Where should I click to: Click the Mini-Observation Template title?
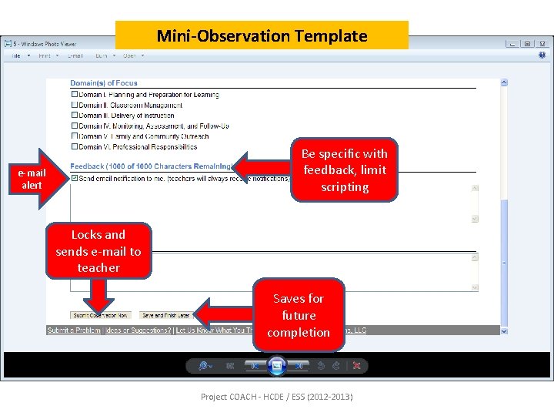pos(262,35)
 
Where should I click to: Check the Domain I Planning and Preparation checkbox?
pos(75,95)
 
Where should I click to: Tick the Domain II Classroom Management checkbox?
pos(75,106)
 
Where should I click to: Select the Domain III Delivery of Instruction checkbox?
pos(75,116)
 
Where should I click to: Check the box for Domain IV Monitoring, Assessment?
pos(75,126)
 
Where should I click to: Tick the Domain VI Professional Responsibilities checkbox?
pos(75,146)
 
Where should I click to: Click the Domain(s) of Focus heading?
pos(104,83)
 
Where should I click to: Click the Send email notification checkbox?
pos(75,178)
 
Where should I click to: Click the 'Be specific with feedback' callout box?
pos(344,170)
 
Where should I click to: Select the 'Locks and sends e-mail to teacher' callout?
pos(98,250)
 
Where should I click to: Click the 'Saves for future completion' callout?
pos(299,315)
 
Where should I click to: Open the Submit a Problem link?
pos(75,330)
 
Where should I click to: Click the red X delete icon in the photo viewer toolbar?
pos(356,366)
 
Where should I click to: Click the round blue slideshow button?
pos(277,366)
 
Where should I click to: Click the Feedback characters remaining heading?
pos(150,166)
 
